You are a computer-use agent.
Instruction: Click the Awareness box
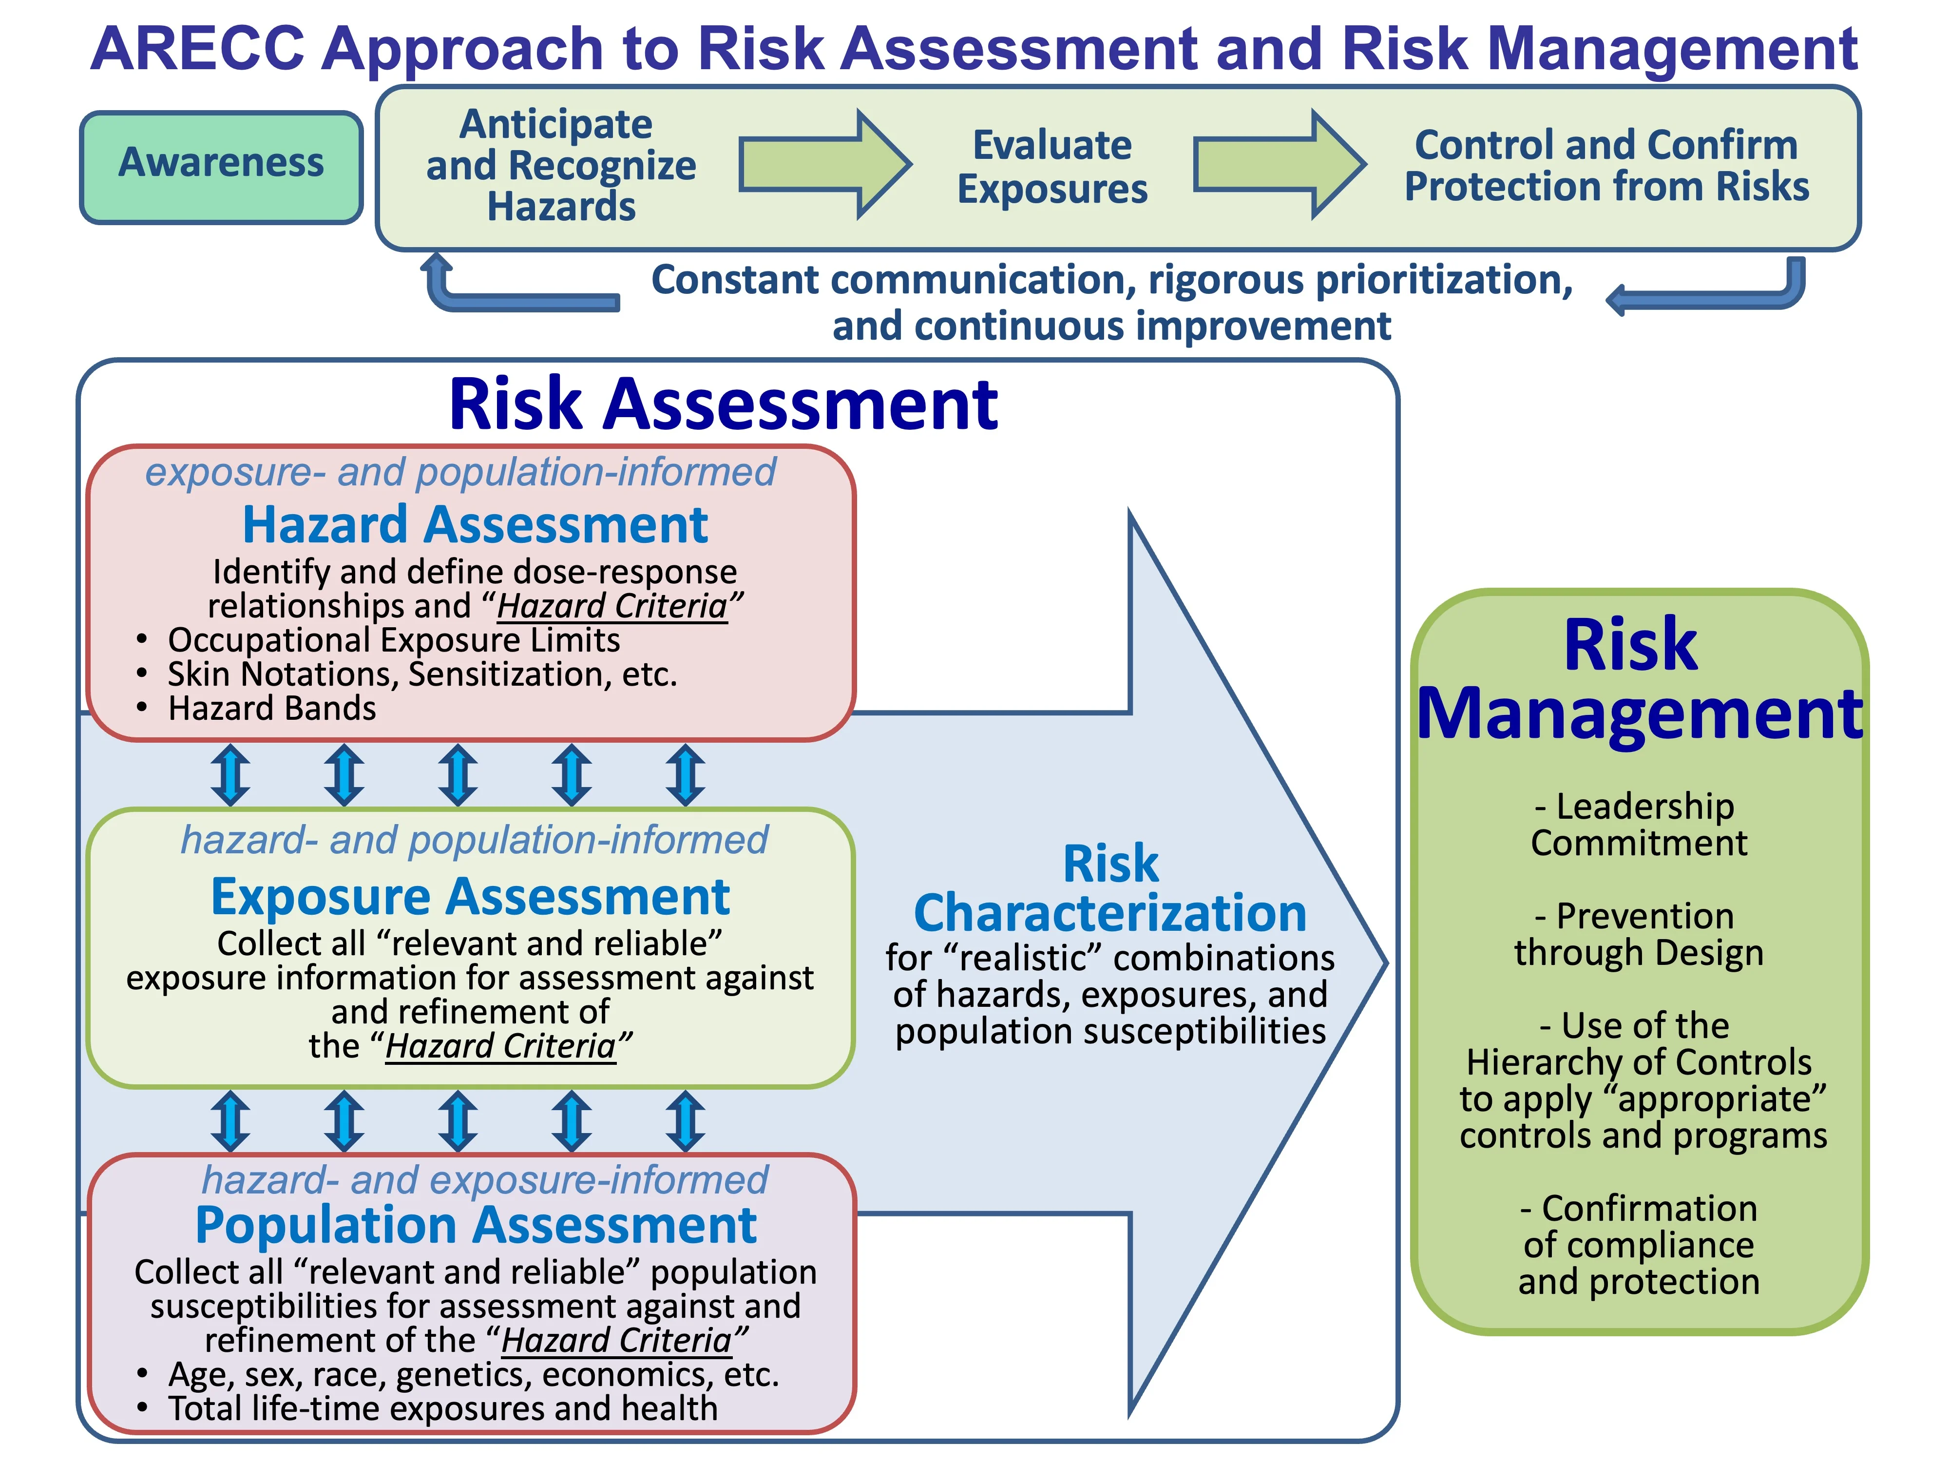(x=221, y=167)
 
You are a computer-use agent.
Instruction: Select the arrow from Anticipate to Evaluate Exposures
(x=824, y=164)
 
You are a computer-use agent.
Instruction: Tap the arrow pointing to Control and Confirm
(x=1280, y=164)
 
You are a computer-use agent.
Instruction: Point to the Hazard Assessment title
(x=475, y=525)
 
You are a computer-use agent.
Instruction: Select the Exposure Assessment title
(x=471, y=897)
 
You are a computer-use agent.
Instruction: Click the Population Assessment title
(x=476, y=1226)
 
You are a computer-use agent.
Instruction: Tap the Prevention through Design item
(x=1639, y=934)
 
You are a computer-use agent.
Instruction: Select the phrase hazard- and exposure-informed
(x=485, y=1180)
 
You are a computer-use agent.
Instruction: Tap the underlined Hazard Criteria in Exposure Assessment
(x=500, y=1046)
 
